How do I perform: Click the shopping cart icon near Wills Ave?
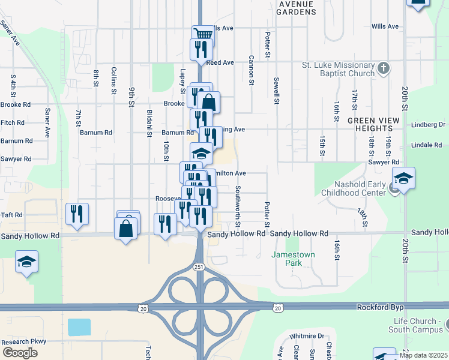pyautogui.click(x=203, y=34)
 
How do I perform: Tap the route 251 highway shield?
pyautogui.click(x=198, y=266)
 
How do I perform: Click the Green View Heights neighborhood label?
pyautogui.click(x=373, y=125)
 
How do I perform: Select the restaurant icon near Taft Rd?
pyautogui.click(x=77, y=214)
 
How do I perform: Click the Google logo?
pyautogui.click(x=20, y=352)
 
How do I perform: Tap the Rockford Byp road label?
pyautogui.click(x=378, y=307)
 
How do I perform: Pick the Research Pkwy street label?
pyautogui.click(x=24, y=341)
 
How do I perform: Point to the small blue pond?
pyautogui.click(x=79, y=327)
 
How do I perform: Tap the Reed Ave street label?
pyautogui.click(x=220, y=62)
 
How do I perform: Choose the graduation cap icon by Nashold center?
pyautogui.click(x=403, y=178)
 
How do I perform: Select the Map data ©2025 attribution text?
pyautogui.click(x=423, y=355)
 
